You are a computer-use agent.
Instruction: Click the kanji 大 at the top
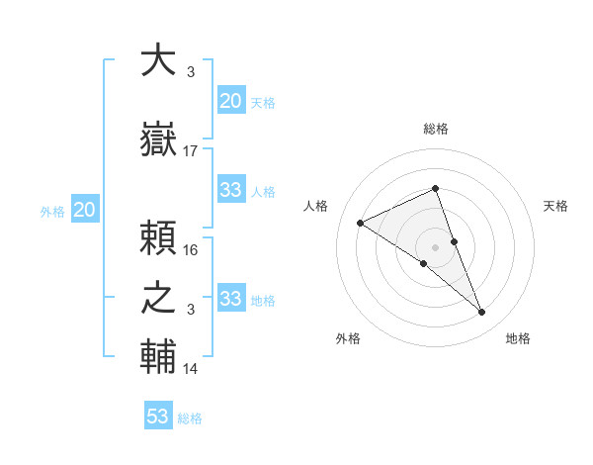[159, 61]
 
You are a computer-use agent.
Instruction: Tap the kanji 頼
[159, 237]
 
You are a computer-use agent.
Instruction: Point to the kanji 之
[159, 299]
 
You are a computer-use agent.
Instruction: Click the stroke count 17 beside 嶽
[191, 150]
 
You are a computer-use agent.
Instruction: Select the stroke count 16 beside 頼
[191, 249]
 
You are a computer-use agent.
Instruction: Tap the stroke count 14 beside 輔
[191, 369]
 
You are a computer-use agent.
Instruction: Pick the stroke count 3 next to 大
[191, 72]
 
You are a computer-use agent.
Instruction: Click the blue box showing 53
[158, 417]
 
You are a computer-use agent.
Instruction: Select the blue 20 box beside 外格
[85, 210]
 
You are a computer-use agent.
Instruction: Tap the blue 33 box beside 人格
[230, 190]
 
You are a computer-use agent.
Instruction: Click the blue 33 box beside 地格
[230, 299]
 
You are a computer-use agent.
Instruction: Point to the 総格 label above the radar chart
[435, 129]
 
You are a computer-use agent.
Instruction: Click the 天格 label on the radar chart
[555, 206]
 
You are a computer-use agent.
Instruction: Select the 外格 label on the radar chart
[348, 338]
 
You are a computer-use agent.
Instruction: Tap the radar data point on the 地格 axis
[482, 313]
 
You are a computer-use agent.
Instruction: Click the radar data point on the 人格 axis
[361, 223]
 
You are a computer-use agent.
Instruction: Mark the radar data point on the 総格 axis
[435, 189]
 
